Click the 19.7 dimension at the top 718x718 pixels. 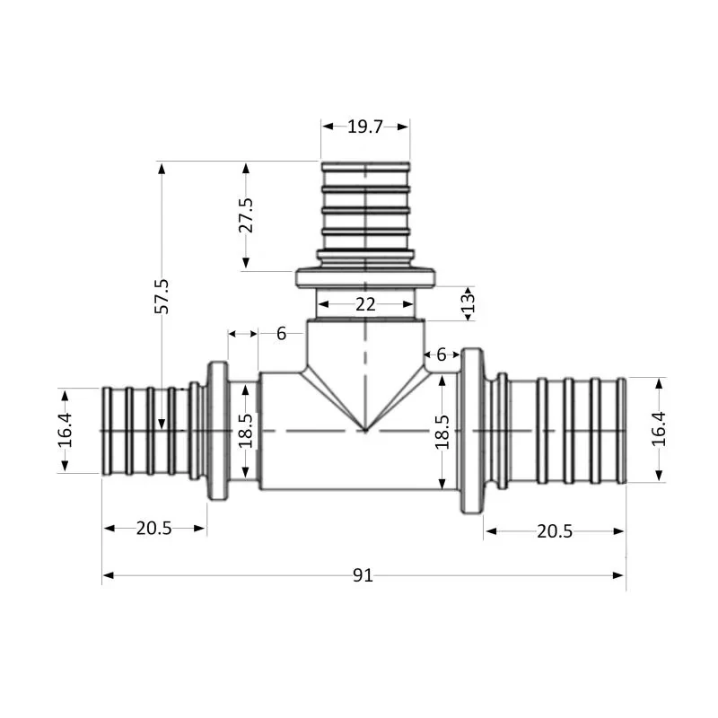[x=365, y=127]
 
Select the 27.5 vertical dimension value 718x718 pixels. [x=246, y=215]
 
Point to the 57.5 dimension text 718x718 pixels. [x=162, y=295]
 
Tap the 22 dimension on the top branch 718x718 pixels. [x=365, y=304]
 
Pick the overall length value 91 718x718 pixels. [x=363, y=575]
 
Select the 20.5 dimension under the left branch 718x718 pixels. [x=153, y=529]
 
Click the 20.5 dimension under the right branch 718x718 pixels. [x=554, y=531]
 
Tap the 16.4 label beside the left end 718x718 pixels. [x=66, y=431]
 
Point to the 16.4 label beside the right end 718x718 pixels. [x=660, y=430]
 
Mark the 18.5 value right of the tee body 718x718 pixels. [x=442, y=431]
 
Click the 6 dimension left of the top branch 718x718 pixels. [x=282, y=334]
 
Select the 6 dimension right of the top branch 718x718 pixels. [x=441, y=355]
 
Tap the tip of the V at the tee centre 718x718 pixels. [x=365, y=431]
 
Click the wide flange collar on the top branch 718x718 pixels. [x=365, y=278]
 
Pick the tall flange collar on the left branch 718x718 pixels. [x=218, y=431]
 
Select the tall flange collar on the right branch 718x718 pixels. [x=472, y=431]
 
